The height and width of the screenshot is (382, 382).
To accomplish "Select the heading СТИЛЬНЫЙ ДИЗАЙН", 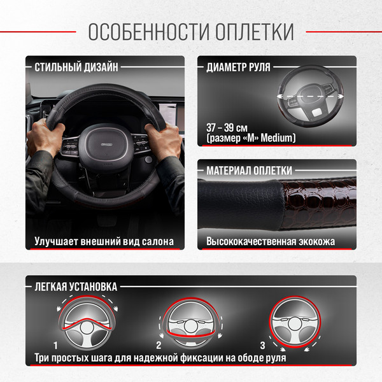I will pos(76,67).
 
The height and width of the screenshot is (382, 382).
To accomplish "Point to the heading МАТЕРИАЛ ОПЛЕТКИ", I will pos(249,171).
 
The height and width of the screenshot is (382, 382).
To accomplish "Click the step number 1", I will pos(56,345).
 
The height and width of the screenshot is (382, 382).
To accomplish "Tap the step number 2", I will pos(159,345).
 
